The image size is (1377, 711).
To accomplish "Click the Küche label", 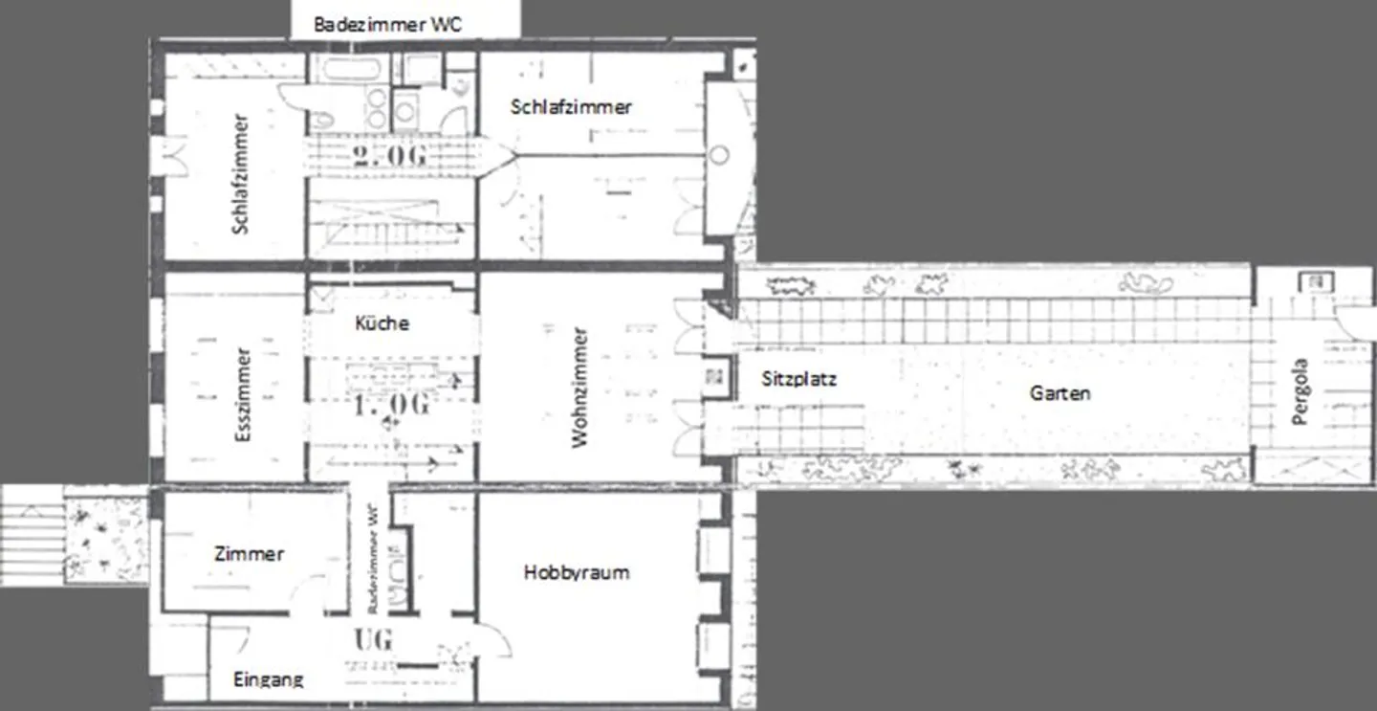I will [382, 323].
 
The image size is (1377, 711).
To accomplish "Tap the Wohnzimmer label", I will [579, 388].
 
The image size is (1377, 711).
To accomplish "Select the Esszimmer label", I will [243, 394].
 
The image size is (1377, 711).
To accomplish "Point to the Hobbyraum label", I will [577, 572].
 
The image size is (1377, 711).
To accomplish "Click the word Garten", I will [1060, 392].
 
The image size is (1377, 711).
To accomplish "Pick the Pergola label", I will [1300, 391].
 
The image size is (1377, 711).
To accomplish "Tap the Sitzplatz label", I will [799, 379].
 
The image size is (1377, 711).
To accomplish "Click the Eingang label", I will [269, 679].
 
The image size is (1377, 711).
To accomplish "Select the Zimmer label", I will [249, 553].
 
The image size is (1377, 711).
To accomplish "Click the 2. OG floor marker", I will [389, 155].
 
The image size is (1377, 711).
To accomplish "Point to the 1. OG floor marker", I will [391, 405].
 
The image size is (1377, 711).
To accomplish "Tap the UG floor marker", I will [373, 638].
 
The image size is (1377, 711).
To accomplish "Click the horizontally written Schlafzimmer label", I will [571, 106].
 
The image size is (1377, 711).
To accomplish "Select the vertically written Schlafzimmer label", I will [240, 174].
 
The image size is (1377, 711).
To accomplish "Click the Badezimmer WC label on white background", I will [387, 24].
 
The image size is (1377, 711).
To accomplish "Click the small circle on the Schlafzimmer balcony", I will [720, 155].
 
